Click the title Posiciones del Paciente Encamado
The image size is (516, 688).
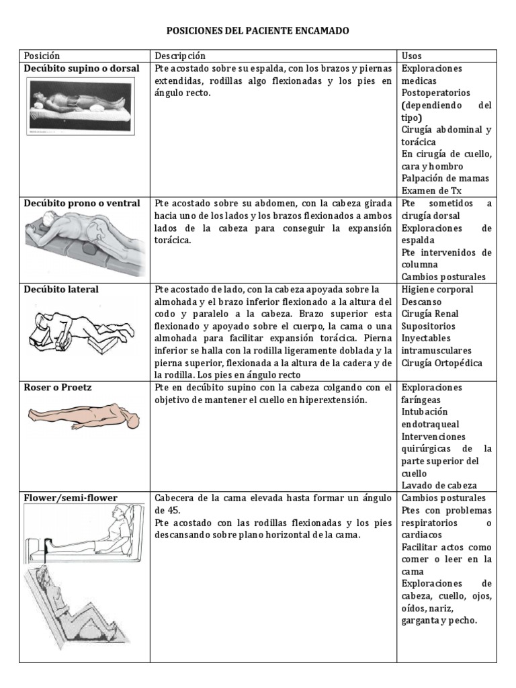pos(258,31)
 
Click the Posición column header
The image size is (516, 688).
pos(42,56)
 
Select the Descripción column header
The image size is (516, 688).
pos(180,56)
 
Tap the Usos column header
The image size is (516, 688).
pos(411,56)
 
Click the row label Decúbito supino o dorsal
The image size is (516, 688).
pos(82,69)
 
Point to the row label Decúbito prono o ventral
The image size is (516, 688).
pos(82,203)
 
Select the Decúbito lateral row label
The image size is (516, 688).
pos(61,290)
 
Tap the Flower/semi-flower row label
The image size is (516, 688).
pos(71,498)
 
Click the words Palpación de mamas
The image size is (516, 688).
pos(445,179)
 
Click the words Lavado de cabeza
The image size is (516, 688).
pos(439,485)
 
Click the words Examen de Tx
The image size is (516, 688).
pos(431,191)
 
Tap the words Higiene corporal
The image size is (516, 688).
pos(437,290)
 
